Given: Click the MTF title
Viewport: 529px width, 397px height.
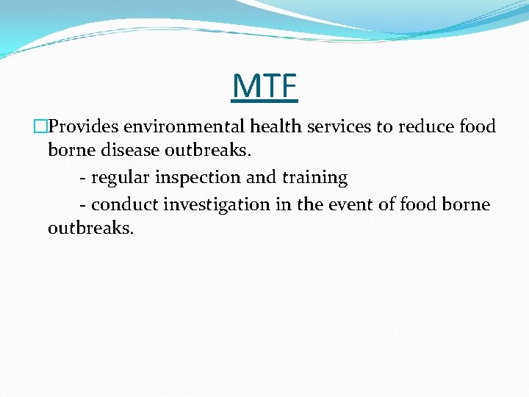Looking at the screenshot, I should point(264,85).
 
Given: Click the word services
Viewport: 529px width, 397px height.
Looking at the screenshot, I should point(339,126).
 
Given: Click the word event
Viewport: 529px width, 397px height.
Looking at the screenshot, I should point(354,204).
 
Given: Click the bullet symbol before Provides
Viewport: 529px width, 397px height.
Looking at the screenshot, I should point(42,126).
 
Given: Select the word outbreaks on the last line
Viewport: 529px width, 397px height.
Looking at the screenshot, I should point(90,229).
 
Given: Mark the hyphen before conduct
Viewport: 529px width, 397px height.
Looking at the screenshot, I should point(82,204).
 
